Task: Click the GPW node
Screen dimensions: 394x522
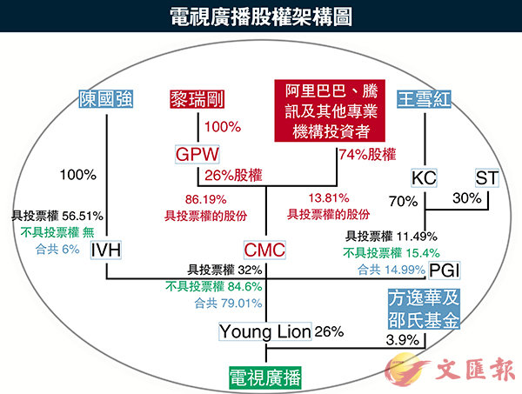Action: pos(196,155)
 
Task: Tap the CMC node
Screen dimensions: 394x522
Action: pos(266,250)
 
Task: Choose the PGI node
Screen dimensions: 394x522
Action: pos(445,269)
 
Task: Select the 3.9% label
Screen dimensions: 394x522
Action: pos(401,338)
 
